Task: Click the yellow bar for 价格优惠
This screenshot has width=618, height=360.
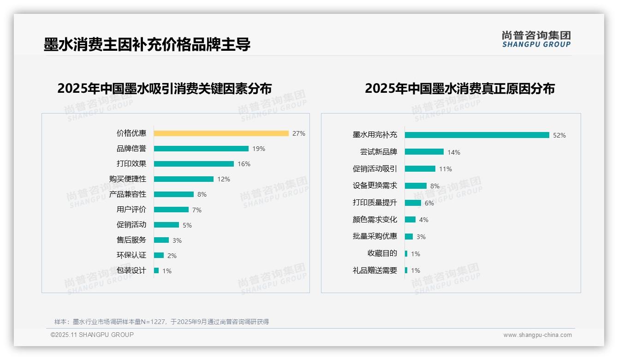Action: click(x=221, y=133)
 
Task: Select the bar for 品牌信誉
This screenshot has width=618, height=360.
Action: click(x=201, y=149)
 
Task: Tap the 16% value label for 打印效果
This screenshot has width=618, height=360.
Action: click(x=244, y=164)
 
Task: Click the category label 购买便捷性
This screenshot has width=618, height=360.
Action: click(x=127, y=179)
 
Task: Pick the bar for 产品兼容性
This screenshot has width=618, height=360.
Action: click(x=173, y=194)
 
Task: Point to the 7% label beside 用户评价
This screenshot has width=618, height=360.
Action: click(x=197, y=210)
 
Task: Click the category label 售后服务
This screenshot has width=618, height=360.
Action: click(x=131, y=240)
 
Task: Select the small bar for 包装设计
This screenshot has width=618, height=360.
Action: click(x=156, y=270)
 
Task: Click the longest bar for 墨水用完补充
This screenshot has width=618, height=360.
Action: click(x=477, y=135)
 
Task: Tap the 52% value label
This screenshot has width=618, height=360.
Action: click(x=559, y=135)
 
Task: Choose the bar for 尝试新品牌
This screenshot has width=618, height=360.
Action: click(x=424, y=152)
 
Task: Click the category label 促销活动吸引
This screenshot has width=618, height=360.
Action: click(x=374, y=169)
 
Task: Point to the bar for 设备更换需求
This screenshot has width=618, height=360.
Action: click(x=416, y=186)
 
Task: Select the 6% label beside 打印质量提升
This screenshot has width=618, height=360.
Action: click(x=429, y=203)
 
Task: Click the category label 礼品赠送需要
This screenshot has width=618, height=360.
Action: click(x=374, y=270)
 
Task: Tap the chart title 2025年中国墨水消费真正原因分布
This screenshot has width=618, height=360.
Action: click(x=459, y=88)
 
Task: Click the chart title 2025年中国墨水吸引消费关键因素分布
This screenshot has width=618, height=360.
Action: click(x=164, y=88)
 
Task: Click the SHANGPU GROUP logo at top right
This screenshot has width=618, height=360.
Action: click(x=536, y=39)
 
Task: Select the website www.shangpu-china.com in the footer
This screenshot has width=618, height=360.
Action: click(x=537, y=335)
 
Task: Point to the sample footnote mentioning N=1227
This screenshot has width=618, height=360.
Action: click(x=161, y=322)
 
